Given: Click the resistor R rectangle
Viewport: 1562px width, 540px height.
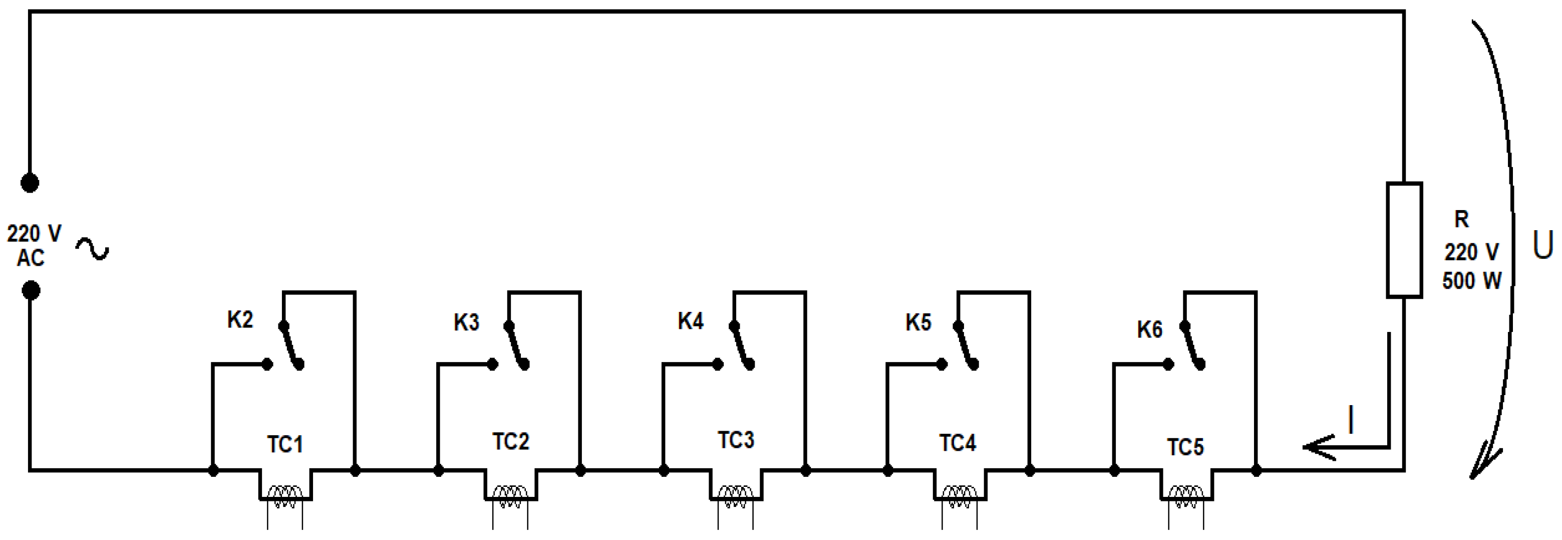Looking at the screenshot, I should (1404, 240).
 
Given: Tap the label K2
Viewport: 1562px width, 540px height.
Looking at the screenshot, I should (240, 320).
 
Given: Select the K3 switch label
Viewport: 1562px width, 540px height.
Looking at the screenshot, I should (466, 322).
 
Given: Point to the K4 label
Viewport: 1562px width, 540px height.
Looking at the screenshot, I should (691, 321).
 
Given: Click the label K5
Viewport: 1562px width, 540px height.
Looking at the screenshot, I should (918, 323).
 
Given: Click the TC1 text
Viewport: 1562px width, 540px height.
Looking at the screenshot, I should (285, 445).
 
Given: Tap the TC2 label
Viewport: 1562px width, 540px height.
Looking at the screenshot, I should (510, 442).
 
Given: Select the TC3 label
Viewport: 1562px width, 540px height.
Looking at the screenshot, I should (736, 440).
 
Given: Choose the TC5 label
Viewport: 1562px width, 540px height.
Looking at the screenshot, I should (1185, 447).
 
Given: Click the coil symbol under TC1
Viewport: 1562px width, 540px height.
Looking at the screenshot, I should (285, 497).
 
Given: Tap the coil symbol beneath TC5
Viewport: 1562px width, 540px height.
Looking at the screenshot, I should (1186, 497).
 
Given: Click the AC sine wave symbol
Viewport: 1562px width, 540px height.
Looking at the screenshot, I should (92, 249).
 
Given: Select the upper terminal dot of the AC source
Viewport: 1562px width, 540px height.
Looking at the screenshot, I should (30, 183).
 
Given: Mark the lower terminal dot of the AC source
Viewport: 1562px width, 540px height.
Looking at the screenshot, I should (31, 291).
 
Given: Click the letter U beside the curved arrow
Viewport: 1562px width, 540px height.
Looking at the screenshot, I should (1542, 246).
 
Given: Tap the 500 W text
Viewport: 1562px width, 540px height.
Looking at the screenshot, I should (1472, 281).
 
